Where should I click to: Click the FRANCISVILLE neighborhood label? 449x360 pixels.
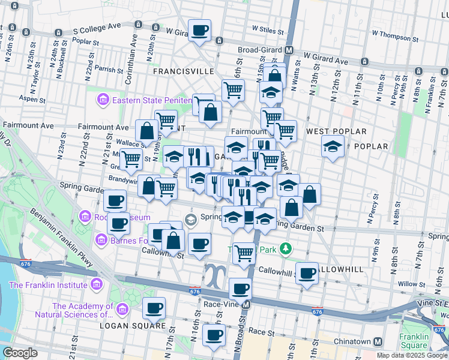pyautogui.click(x=183, y=71)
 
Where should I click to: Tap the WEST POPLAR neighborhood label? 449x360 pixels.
pyautogui.click(x=336, y=131)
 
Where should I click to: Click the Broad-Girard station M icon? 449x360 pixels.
pyautogui.click(x=289, y=50)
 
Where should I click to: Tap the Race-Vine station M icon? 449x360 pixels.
pyautogui.click(x=246, y=304)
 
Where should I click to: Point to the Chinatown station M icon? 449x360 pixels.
pyautogui.click(x=378, y=341)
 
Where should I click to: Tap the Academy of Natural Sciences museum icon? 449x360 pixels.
pyautogui.click(x=122, y=310)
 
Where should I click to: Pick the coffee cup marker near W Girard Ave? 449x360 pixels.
pyautogui.click(x=199, y=29)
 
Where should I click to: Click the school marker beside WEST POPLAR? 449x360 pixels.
pyautogui.click(x=332, y=146)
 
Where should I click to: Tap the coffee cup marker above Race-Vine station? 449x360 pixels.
pyautogui.click(x=241, y=289)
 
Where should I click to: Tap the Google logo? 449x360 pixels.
pyautogui.click(x=20, y=353)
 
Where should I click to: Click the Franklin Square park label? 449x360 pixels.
pyautogui.click(x=414, y=341)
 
